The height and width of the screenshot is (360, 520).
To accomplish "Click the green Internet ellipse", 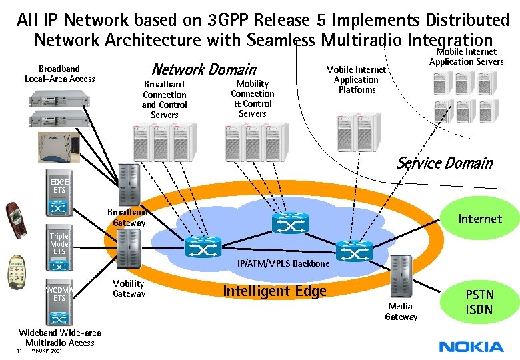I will (x=479, y=219).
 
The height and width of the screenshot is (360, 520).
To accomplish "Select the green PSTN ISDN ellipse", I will (x=479, y=301).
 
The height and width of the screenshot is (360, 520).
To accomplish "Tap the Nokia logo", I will (x=471, y=346).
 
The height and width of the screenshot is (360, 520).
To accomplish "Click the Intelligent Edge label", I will (x=274, y=291).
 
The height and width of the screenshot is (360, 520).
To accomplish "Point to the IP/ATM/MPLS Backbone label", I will (x=283, y=264).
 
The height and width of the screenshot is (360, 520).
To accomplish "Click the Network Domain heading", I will (x=203, y=69).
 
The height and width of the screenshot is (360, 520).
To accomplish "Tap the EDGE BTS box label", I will (x=59, y=185).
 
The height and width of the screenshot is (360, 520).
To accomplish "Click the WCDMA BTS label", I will (x=59, y=293).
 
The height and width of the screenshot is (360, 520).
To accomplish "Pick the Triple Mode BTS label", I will (x=59, y=243).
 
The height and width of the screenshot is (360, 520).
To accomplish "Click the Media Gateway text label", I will (x=401, y=311).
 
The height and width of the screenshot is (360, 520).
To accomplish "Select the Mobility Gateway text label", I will (x=128, y=289).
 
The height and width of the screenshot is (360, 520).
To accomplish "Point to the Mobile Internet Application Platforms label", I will (x=356, y=79).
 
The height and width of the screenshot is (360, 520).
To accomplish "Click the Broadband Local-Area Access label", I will (x=59, y=73).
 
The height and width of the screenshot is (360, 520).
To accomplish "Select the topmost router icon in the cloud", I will (x=291, y=225).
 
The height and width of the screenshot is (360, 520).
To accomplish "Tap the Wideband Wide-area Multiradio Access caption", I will (x=59, y=337).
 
